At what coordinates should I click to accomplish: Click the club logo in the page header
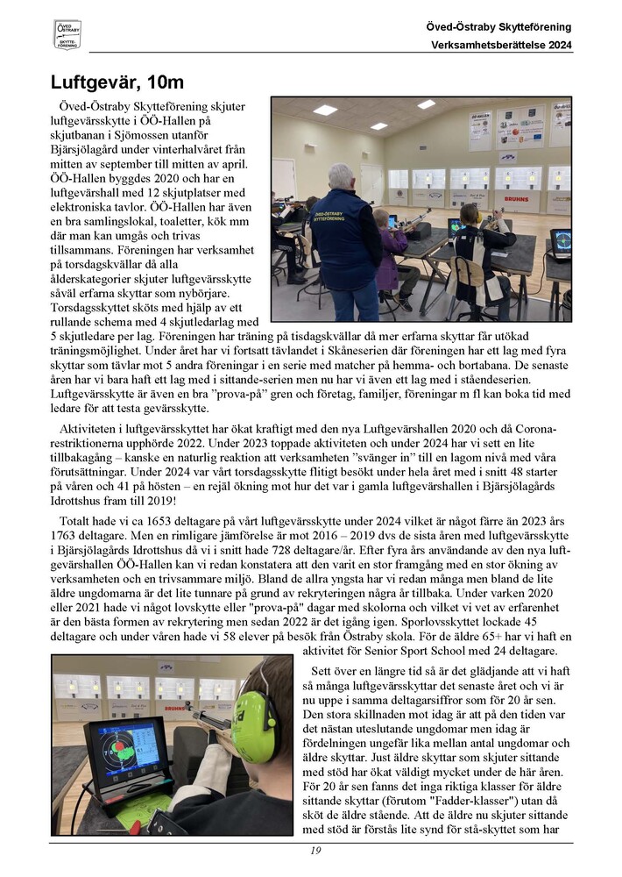67,34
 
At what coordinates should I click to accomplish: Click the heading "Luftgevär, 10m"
117,83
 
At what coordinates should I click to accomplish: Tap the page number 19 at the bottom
316,851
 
